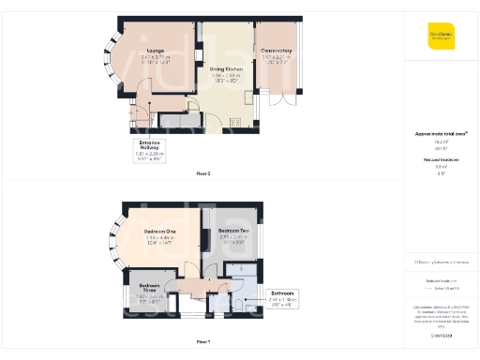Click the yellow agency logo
point(441,37)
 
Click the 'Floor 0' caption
point(203,174)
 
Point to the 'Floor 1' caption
point(203,341)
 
